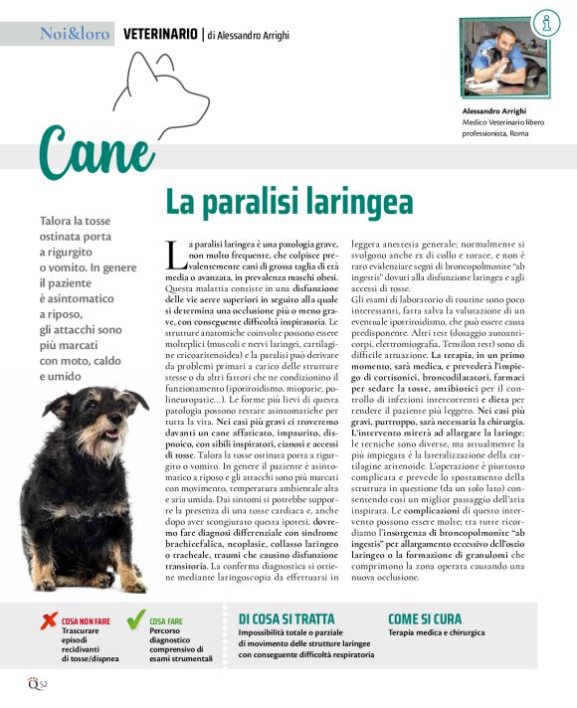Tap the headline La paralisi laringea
point(288,202)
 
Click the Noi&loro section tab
point(74,33)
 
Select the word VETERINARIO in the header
point(160,34)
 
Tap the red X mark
point(47,622)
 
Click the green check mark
point(135,622)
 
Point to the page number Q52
point(37,685)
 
